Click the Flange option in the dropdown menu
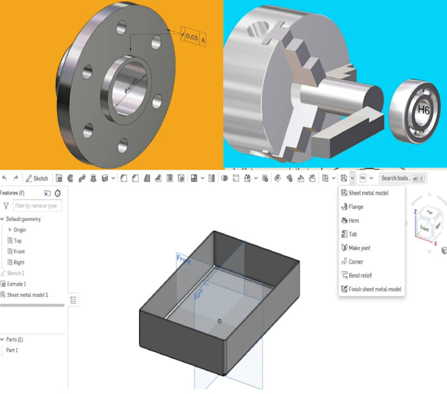pos(356,207)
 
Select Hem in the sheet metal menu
pos(354,221)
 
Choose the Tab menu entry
pos(353,234)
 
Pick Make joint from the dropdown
pos(359,248)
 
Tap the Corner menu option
pos(356,262)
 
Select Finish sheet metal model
pos(374,290)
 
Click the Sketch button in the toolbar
pos(37,179)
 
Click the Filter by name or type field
pos(37,206)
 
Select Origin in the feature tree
pos(19,230)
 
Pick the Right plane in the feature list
pos(18,262)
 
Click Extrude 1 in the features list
pos(16,284)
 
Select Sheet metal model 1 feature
pos(27,295)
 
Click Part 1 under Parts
pos(12,351)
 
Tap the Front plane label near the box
pos(183,261)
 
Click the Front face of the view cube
pos(424,229)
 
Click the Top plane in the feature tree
pos(18,241)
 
